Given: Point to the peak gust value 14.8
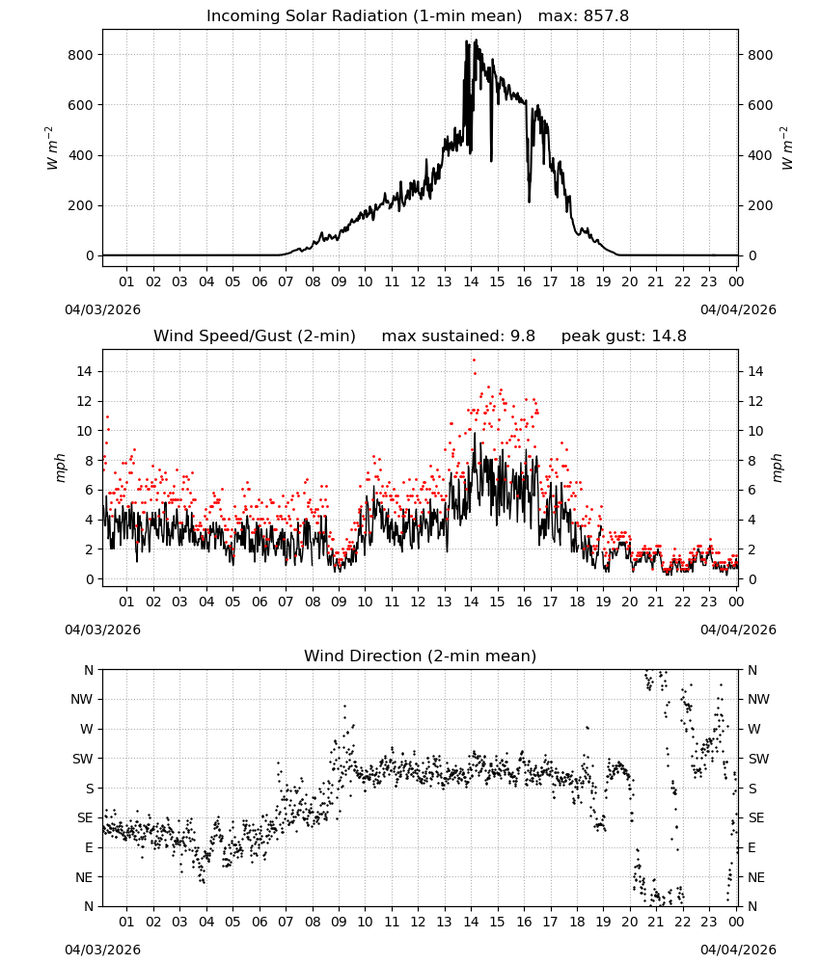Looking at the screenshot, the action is [x=669, y=335].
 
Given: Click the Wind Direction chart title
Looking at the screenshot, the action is [x=421, y=656].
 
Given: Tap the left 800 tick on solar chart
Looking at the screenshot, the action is [x=81, y=55].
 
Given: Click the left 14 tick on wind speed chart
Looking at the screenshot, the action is [x=85, y=371].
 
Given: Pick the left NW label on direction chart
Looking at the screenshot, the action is [x=82, y=699].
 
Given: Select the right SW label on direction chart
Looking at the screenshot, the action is [x=758, y=759].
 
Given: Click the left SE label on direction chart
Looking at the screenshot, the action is [x=85, y=817].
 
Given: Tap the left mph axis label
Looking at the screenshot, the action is [x=60, y=468].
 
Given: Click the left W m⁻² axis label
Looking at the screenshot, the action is [x=51, y=148].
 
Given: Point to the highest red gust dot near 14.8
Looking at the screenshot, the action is [x=474, y=361].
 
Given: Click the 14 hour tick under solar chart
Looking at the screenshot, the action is [x=471, y=281].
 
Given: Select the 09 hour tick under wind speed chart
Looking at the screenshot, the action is [x=339, y=602].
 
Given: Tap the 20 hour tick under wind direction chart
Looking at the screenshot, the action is [x=630, y=922].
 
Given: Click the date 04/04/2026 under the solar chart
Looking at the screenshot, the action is [x=738, y=309].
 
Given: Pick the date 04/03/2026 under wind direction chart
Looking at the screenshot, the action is [x=102, y=950].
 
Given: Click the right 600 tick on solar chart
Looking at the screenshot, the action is [x=760, y=105].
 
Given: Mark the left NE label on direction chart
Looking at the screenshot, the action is [x=84, y=877].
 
